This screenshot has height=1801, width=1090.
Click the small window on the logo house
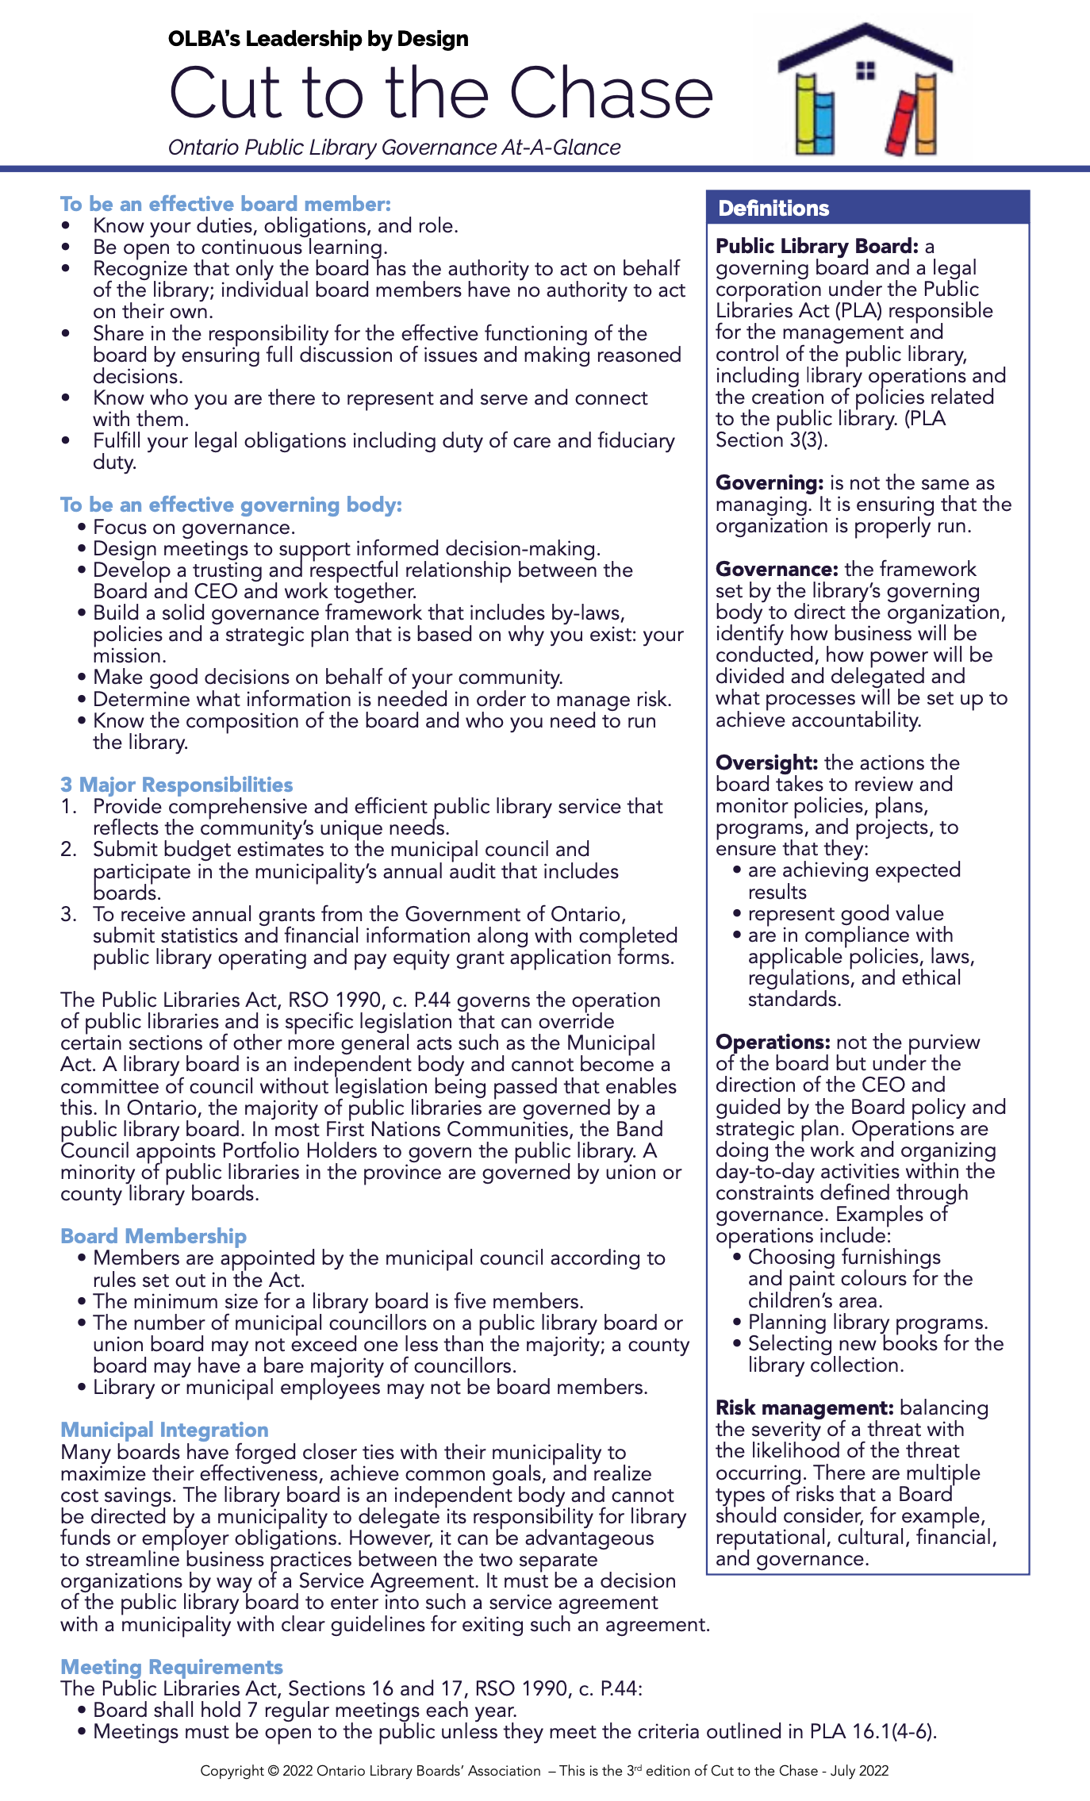pyautogui.click(x=865, y=71)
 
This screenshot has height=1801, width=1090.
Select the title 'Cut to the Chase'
pyautogui.click(x=441, y=94)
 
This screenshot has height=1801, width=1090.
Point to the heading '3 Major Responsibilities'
pyautogui.click(x=176, y=785)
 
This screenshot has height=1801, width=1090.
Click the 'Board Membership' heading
pyautogui.click(x=153, y=1236)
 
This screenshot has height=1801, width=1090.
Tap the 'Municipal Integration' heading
pyautogui.click(x=164, y=1430)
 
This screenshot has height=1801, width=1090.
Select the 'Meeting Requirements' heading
pyautogui.click(x=171, y=1667)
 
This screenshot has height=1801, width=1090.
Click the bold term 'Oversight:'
pyautogui.click(x=766, y=762)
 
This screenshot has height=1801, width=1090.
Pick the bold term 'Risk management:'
pyautogui.click(x=804, y=1407)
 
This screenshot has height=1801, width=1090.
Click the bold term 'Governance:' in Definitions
pyautogui.click(x=776, y=569)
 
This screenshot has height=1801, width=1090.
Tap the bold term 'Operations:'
pyautogui.click(x=772, y=1042)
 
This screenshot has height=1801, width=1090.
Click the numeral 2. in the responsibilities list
pyautogui.click(x=68, y=849)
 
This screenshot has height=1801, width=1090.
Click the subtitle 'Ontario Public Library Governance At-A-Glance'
pyautogui.click(x=394, y=148)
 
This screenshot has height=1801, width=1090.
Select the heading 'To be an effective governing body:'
pyautogui.click(x=231, y=505)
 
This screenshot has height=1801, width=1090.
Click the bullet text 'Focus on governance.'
pyautogui.click(x=194, y=527)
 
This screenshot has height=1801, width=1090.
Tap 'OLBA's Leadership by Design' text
pyautogui.click(x=318, y=38)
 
